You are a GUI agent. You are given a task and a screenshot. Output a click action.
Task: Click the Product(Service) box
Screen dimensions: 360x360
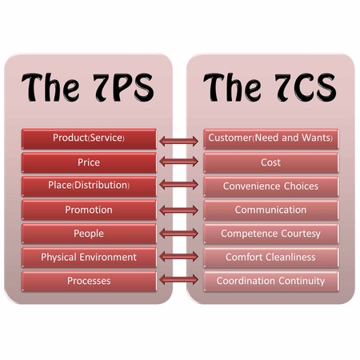pos(89,138)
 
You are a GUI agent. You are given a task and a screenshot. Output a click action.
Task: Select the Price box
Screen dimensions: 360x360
pos(89,162)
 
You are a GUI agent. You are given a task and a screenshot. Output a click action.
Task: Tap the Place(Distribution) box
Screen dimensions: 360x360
pos(89,186)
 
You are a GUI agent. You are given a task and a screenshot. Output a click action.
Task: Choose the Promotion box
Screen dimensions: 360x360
pos(89,210)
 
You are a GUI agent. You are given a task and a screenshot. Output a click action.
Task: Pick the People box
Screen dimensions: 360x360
pos(89,234)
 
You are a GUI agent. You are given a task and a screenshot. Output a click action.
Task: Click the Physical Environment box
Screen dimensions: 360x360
pos(89,258)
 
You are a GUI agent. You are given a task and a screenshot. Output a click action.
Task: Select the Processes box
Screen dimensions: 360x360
pos(89,281)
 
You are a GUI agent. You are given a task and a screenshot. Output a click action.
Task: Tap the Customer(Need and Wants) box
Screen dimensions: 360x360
pos(271,138)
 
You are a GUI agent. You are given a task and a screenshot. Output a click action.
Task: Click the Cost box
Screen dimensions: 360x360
pos(271,162)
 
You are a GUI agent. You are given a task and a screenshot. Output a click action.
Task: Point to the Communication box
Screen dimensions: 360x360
pos(271,210)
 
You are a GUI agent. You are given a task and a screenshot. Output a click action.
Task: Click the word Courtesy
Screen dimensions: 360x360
pos(301,234)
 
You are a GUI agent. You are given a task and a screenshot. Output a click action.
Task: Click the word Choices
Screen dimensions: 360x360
pos(301,186)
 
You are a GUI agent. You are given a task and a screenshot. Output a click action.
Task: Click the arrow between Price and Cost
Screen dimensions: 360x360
pos(179,162)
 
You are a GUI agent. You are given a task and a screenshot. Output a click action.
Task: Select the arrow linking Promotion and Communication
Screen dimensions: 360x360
pos(179,210)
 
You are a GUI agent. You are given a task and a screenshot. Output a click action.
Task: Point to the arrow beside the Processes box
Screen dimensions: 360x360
pos(179,280)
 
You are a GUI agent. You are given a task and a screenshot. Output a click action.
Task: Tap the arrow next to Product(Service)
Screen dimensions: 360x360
pos(179,141)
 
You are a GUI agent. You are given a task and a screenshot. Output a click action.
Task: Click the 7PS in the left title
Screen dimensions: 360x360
pos(123,87)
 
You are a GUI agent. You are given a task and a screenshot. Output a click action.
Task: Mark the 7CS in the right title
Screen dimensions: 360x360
pos(306,87)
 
